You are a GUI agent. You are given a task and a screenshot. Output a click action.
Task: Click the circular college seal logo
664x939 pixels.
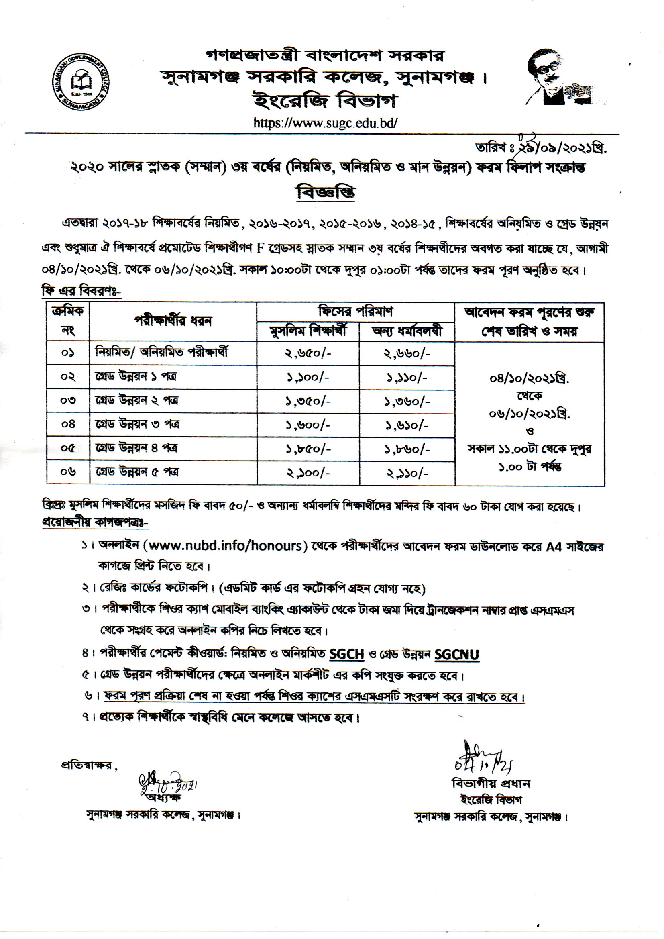point(81,82)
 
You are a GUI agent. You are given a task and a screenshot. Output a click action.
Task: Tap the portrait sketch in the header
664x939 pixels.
point(558,78)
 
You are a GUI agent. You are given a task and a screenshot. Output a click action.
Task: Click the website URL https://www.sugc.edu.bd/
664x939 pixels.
point(325,122)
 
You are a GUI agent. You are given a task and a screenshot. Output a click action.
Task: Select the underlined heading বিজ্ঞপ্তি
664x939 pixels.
point(326,192)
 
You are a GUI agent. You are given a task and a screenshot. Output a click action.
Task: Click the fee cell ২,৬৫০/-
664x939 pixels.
point(308,353)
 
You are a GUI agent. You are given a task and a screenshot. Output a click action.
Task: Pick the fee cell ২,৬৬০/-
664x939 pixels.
point(407,353)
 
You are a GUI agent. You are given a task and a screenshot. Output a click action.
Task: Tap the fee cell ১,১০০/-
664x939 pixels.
point(308,377)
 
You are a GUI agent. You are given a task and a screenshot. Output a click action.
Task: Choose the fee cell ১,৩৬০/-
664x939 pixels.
point(407,401)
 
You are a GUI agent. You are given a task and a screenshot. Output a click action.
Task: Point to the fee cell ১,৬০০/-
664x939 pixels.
point(308,425)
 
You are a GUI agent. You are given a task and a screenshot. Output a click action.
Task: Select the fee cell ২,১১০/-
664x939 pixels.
point(407,473)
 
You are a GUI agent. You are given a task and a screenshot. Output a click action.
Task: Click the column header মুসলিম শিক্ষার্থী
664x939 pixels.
point(308,331)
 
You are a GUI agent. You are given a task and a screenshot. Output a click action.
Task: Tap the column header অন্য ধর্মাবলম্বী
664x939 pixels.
point(407,331)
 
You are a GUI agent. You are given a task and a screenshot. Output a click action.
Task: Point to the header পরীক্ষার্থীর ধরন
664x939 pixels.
point(173,321)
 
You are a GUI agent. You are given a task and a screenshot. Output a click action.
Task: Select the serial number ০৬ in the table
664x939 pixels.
point(68,472)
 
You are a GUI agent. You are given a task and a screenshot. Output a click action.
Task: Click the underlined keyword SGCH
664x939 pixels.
point(346,654)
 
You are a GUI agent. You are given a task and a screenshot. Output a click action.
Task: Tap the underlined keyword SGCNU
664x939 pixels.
point(456,655)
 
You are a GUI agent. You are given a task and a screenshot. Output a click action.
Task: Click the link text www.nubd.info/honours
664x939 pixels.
point(227,546)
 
